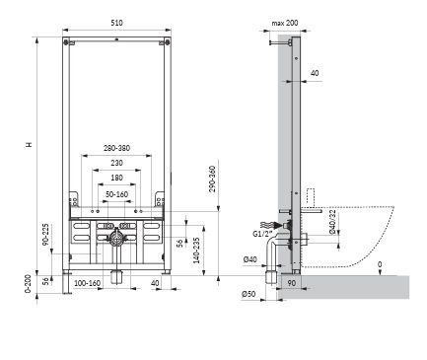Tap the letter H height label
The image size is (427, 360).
point(29,145)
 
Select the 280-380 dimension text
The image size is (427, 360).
point(116,149)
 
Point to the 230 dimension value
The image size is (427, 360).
point(116,164)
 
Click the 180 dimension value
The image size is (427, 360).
point(116,179)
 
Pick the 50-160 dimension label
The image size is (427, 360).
point(116,193)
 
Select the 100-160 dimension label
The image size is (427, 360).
point(89,284)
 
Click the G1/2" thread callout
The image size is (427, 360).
point(263,234)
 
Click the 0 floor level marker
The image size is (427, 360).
point(380,263)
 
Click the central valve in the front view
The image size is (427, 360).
point(116,239)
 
